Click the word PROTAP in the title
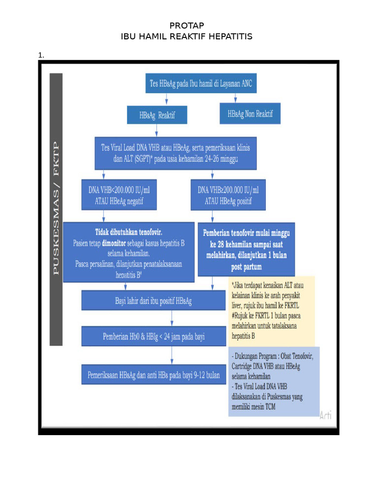coord(187,26)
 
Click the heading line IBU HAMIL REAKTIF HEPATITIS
coord(187,37)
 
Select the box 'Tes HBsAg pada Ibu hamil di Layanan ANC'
coord(200,84)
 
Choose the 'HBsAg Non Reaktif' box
coord(250,114)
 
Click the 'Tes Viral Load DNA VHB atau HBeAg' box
coord(176,153)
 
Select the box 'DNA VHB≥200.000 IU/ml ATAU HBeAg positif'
coord(228,194)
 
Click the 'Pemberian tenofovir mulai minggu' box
coord(246,250)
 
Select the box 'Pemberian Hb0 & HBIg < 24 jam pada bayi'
coord(153,337)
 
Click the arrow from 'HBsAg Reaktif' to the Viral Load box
coord(157,130)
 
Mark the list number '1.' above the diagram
coord(41,55)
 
